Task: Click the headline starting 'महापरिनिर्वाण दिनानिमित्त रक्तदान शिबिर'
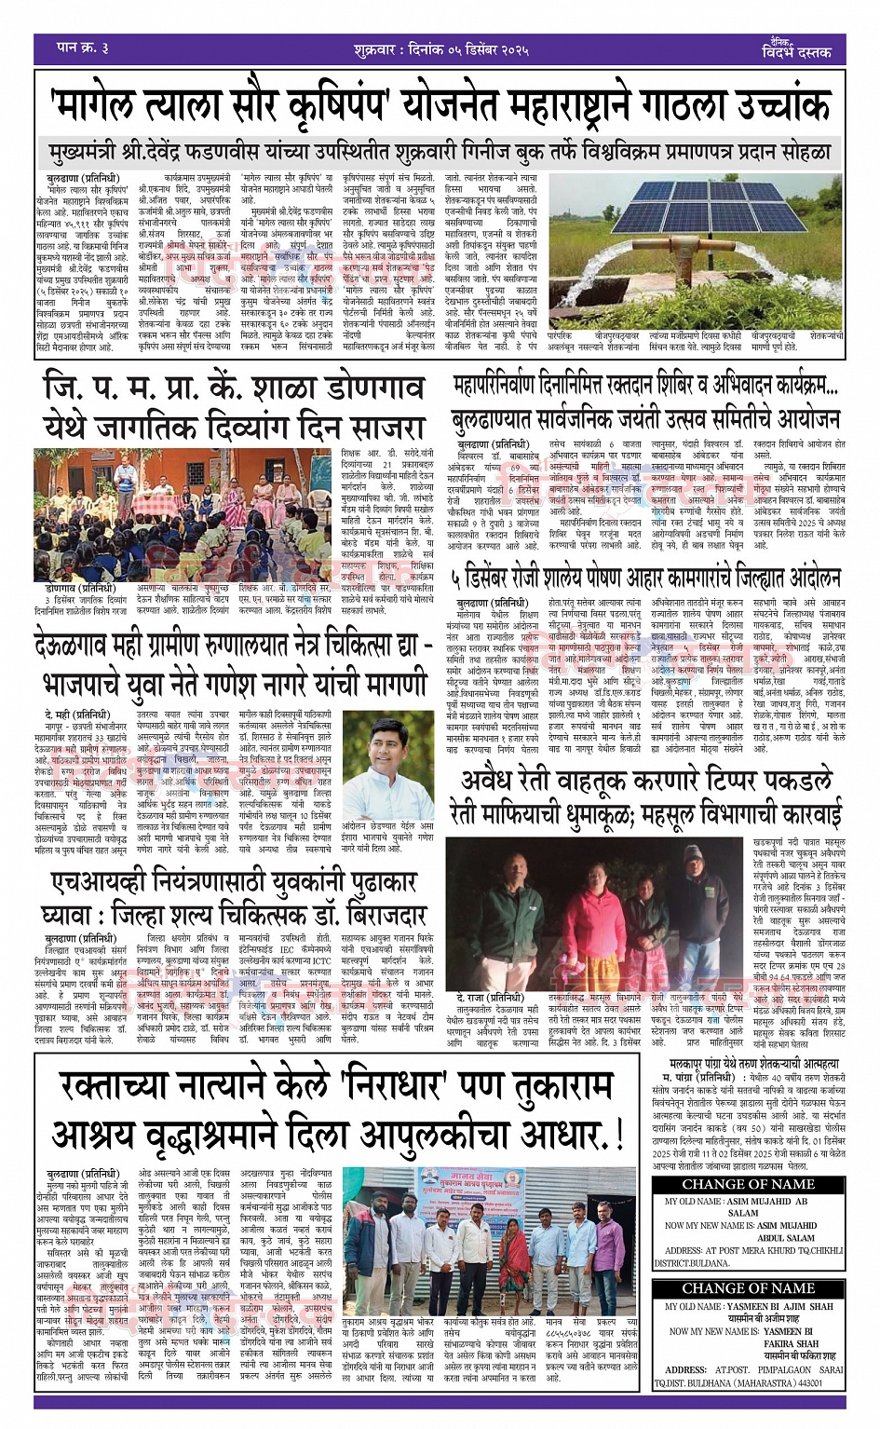(x=646, y=387)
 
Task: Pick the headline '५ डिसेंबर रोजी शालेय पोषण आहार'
(x=646, y=579)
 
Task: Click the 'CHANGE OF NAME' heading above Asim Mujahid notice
(x=749, y=1184)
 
